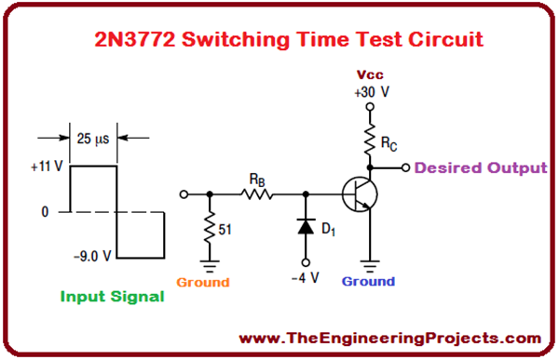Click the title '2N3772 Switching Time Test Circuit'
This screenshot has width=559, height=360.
279,40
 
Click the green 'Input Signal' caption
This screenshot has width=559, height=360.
112,297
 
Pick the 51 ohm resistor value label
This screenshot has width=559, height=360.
225,226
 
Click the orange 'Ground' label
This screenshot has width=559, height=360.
202,281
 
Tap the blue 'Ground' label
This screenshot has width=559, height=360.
368,281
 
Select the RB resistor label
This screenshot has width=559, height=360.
255,178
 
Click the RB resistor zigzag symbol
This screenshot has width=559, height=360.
255,194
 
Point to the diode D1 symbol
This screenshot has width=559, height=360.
306,226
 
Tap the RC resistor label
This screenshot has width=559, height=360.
389,144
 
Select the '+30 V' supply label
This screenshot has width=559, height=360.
369,92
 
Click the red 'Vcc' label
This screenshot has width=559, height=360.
370,75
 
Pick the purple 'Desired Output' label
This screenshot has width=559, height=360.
481,168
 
